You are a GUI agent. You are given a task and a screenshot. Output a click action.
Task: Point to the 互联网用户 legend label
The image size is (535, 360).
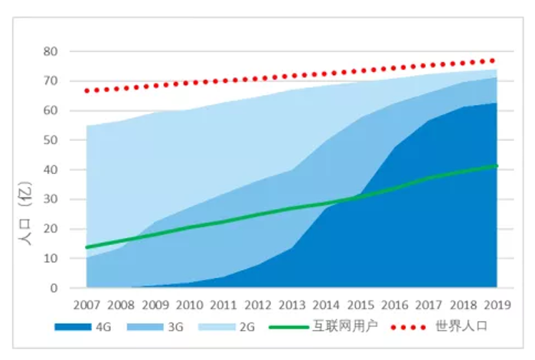point(342,327)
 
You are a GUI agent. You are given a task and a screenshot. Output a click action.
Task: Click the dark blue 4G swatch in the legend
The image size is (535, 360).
point(72,327)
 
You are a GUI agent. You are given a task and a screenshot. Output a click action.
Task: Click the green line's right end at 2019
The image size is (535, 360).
point(497,165)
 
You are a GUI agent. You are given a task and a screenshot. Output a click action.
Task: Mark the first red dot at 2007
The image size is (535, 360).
point(86,90)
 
